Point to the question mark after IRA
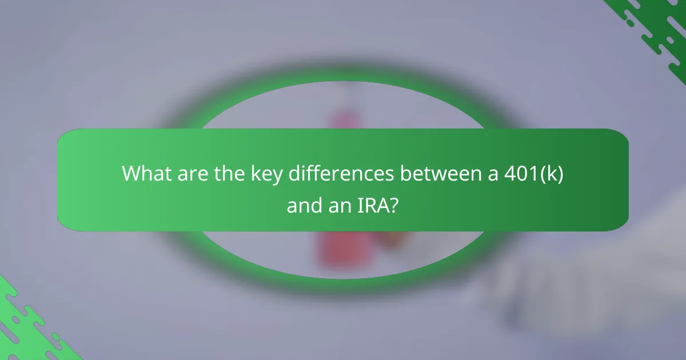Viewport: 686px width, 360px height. point(394,206)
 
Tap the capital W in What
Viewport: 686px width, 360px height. point(134,174)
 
